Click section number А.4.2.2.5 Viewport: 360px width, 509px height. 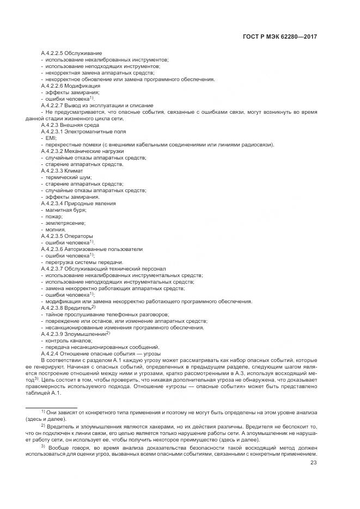(x=52, y=53)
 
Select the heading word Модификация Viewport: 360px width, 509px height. (x=82, y=86)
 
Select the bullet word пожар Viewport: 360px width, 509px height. (x=54, y=217)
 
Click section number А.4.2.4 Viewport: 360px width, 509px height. (x=50, y=354)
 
